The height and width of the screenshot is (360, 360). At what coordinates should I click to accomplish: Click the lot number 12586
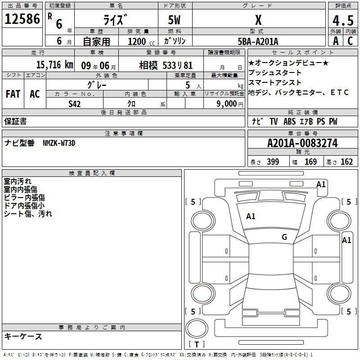pos(22,19)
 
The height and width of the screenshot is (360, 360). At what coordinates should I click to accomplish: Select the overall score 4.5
pos(343,21)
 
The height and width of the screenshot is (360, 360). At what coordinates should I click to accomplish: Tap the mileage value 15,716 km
pos(55,65)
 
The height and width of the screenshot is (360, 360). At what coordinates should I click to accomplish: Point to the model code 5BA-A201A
pos(258,41)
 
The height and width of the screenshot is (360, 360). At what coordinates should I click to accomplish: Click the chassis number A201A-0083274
pos(302,143)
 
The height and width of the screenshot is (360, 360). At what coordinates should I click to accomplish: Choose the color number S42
pos(74,104)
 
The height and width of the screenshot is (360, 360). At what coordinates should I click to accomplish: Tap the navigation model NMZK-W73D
pos(59,143)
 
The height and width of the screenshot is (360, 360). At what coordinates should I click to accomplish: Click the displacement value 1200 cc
pos(141,41)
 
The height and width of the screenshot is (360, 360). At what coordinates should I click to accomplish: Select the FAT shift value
pos(13,94)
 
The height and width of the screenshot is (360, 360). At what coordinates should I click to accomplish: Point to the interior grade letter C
pos(350,41)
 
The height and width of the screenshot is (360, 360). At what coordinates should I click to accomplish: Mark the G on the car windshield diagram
pos(284,237)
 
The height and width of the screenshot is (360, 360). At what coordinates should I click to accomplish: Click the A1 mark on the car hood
pos(251,216)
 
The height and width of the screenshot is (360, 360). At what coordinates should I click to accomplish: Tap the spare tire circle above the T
pos(197,328)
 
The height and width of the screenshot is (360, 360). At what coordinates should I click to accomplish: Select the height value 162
pos(346,162)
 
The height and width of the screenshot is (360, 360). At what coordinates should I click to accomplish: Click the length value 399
pos(273,162)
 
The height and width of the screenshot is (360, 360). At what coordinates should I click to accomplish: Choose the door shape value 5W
pos(174,20)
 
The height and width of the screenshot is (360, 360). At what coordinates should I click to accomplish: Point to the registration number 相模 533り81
pos(166,65)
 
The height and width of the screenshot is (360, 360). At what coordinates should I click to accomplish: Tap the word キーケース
pos(23,336)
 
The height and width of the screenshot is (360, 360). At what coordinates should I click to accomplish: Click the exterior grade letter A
pos(336,41)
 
